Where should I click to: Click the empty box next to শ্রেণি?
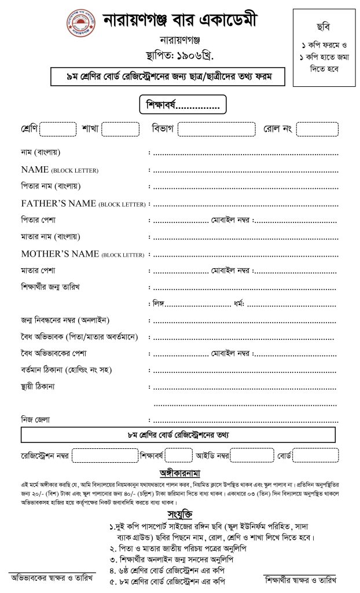(x=58, y=129)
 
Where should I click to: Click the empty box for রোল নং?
(x=318, y=129)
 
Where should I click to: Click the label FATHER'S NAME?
(x=59, y=204)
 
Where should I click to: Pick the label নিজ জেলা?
(x=36, y=419)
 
